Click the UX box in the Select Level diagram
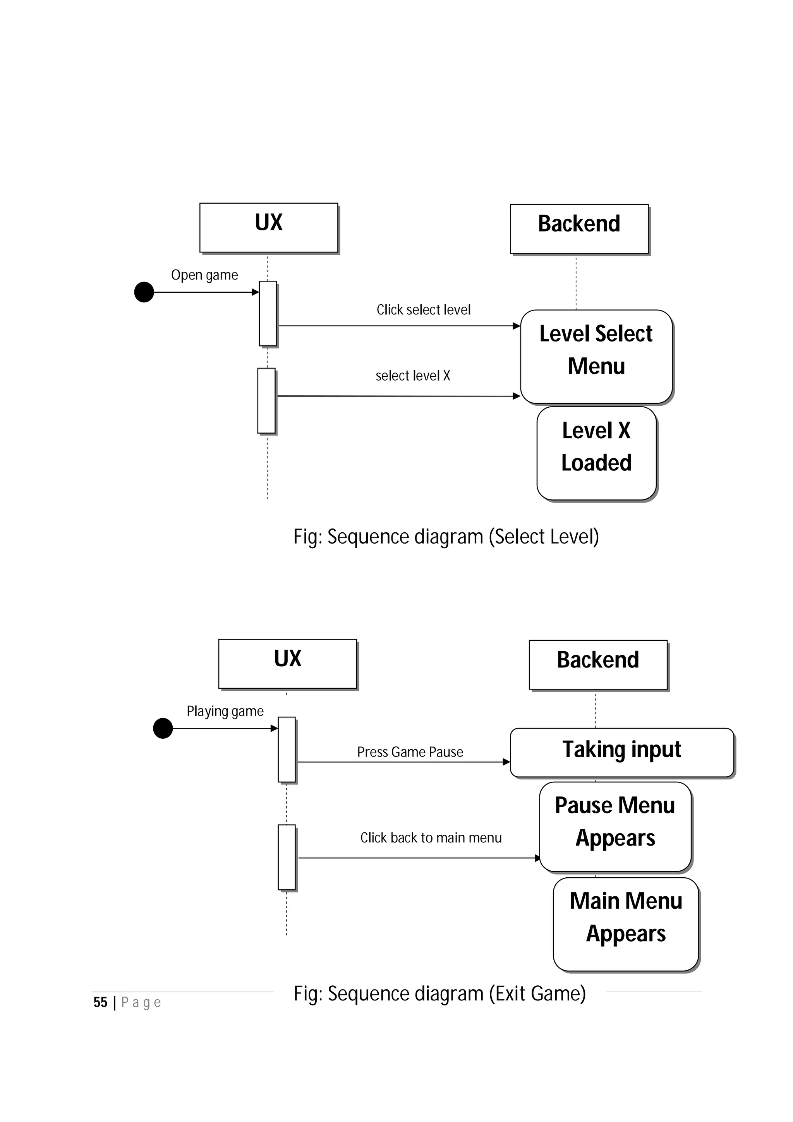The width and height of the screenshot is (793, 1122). click(x=268, y=227)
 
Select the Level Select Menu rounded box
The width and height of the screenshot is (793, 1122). click(x=596, y=356)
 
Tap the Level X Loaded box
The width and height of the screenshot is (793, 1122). click(x=596, y=453)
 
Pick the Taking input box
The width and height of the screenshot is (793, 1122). click(x=621, y=752)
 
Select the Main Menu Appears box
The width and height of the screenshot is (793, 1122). click(x=625, y=924)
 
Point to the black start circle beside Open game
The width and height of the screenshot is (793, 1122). click(x=144, y=292)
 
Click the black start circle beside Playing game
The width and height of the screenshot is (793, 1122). click(x=163, y=728)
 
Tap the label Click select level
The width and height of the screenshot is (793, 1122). click(x=423, y=310)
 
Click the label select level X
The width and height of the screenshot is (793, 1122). click(x=412, y=376)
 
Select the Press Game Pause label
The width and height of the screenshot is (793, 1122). click(x=410, y=752)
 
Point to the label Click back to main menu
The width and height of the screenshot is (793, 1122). click(x=431, y=837)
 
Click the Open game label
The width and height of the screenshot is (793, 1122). click(x=204, y=275)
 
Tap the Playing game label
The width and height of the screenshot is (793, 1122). click(x=225, y=711)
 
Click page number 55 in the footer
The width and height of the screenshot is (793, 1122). click(x=100, y=1003)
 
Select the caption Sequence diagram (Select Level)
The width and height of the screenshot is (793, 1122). click(x=446, y=537)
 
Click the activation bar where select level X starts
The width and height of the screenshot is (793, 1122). click(x=266, y=401)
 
